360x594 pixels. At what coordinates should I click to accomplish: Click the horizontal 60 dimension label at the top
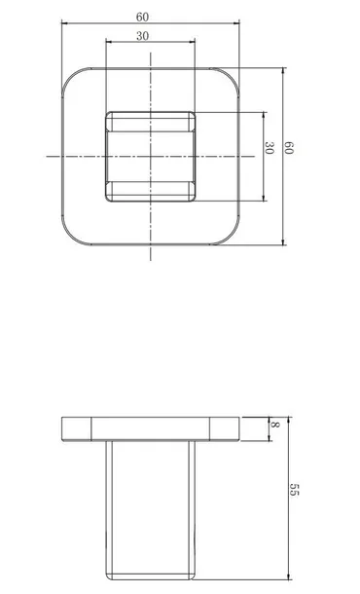click(x=142, y=18)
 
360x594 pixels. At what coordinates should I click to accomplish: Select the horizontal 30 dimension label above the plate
click(x=142, y=36)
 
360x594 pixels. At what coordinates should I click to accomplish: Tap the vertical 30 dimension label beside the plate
click(x=269, y=148)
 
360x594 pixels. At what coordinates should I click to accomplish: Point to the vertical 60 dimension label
click(x=288, y=148)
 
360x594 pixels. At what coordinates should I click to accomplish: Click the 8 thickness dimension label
click(x=275, y=425)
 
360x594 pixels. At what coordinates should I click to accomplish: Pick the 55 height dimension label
click(x=294, y=489)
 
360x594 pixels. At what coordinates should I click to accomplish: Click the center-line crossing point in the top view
click(x=151, y=156)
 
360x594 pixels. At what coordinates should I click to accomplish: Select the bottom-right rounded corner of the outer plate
click(x=231, y=236)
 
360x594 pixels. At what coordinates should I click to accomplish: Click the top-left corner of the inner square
click(x=107, y=113)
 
